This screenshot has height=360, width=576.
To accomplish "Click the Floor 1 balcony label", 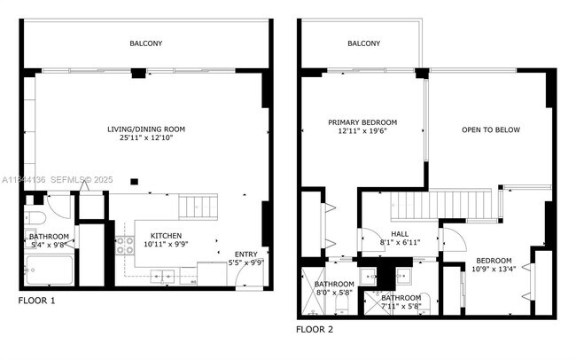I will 146,43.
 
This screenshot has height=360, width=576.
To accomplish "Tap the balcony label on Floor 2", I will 363,43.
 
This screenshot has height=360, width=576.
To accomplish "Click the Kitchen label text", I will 165,236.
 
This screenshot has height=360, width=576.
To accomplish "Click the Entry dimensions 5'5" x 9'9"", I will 245,262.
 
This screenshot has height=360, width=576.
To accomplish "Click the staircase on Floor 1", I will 197,208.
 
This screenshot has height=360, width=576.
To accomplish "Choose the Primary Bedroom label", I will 362,122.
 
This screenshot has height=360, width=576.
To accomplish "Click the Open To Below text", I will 490,130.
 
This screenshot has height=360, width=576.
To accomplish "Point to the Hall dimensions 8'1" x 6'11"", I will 399,241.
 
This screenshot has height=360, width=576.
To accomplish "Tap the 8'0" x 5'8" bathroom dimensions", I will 334,293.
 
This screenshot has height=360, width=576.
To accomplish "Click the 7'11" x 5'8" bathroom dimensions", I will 401,307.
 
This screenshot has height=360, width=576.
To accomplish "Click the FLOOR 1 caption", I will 36,301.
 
